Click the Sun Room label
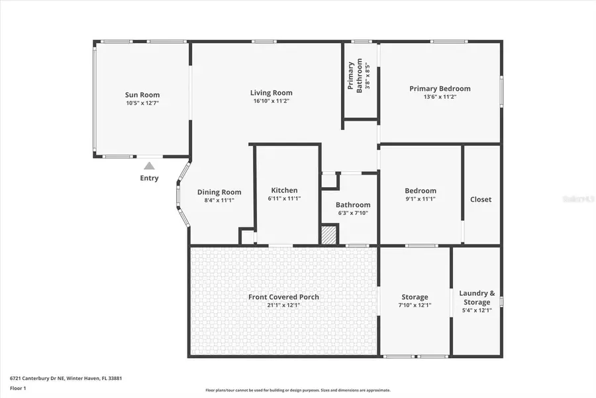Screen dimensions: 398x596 click(142, 95)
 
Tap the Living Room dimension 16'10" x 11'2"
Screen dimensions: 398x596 click(272, 101)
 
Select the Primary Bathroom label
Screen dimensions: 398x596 click(356, 76)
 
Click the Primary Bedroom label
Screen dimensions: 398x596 click(440, 88)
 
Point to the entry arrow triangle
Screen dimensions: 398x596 click(150, 166)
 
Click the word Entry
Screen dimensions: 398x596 click(150, 178)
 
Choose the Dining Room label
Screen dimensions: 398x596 click(215, 192)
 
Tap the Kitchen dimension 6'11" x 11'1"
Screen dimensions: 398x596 click(284, 198)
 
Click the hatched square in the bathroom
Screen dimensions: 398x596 click(329, 235)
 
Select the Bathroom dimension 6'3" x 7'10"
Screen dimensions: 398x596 click(352, 213)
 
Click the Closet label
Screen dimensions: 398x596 click(481, 199)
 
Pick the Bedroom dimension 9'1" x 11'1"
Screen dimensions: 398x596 click(421, 198)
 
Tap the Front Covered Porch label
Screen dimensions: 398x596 click(283, 297)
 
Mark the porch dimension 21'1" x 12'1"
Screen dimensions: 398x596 click(283, 305)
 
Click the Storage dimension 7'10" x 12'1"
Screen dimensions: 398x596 click(415, 305)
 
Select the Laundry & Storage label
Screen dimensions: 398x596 click(477, 297)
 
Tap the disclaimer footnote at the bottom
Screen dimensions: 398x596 click(298, 390)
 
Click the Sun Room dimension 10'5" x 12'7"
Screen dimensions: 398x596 click(142, 103)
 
